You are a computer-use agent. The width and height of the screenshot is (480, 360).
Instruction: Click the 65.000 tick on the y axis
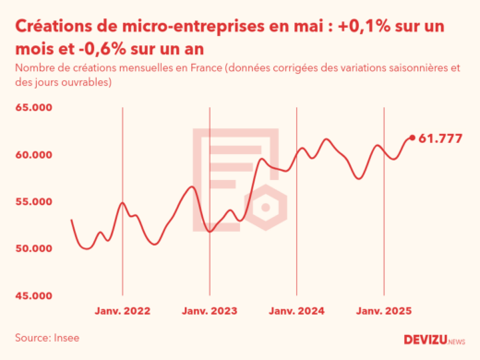(x=33, y=108)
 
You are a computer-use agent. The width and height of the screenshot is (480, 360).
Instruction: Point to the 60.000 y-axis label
(x=33, y=155)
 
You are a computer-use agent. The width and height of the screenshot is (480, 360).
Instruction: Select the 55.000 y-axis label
(x=33, y=202)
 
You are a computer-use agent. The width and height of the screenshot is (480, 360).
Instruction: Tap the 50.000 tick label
(x=33, y=249)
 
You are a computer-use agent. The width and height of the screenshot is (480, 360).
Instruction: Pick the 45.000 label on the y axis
(x=33, y=296)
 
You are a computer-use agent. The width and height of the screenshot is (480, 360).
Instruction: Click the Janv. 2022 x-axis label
(x=123, y=312)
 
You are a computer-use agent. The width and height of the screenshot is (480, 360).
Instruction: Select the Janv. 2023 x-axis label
(x=210, y=312)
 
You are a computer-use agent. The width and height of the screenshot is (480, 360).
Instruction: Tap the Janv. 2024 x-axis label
(x=296, y=312)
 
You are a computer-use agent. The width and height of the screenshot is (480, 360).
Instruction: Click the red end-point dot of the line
(x=412, y=138)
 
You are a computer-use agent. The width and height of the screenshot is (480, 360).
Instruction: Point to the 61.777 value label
(x=440, y=138)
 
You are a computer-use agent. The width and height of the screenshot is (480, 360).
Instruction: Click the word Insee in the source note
(x=66, y=338)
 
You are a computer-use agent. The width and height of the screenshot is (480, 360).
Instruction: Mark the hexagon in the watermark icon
(x=266, y=207)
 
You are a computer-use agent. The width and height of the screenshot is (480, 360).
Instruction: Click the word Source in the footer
(x=31, y=338)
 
